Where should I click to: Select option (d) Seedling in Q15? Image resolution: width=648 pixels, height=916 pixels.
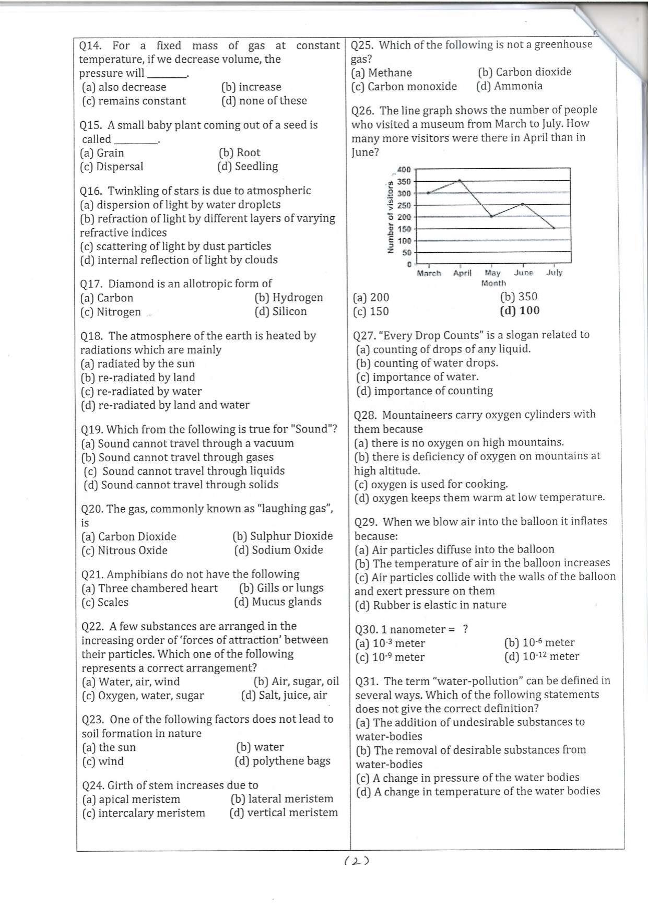point(248,167)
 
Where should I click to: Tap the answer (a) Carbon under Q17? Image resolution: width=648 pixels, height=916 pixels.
point(107,298)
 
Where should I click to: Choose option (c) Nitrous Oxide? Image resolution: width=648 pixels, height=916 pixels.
point(124,550)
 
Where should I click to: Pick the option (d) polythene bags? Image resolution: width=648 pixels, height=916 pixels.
point(282,761)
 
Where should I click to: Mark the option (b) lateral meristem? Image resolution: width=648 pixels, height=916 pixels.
point(281,799)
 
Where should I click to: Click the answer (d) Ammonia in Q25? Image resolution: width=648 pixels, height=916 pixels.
point(509,86)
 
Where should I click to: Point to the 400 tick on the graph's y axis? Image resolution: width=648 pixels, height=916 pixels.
point(404,170)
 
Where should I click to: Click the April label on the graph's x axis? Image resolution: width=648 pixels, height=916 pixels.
point(462,273)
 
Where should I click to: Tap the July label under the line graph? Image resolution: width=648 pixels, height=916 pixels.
point(554,273)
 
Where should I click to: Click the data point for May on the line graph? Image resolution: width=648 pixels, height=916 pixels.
point(491,216)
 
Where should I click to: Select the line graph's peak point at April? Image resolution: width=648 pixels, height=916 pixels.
point(460,181)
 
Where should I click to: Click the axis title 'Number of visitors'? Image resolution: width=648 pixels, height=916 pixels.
point(390,217)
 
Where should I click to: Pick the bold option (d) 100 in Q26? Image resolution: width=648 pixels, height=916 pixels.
point(520,311)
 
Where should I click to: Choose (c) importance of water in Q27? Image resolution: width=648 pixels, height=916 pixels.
point(417,377)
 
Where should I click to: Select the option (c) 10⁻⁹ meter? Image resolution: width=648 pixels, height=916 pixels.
point(390,657)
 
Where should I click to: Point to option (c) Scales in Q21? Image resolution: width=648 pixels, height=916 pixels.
point(105,603)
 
